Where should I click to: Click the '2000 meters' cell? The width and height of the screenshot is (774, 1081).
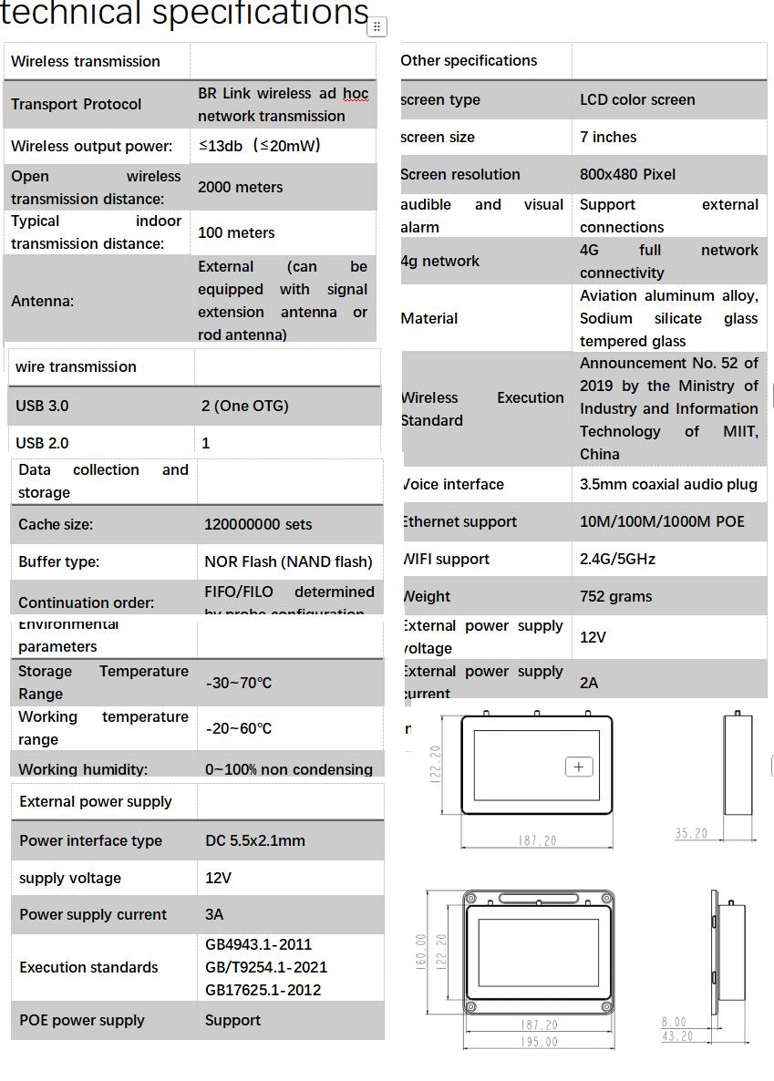[x=240, y=187]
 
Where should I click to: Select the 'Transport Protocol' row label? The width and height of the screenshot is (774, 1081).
[x=76, y=104]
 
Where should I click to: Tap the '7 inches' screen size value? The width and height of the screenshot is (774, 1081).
[x=608, y=137]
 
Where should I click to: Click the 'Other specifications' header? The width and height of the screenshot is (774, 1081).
[x=469, y=60]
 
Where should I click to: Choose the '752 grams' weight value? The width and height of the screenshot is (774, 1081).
[x=615, y=596]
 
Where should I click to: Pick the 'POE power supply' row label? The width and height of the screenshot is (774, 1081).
[x=82, y=1020]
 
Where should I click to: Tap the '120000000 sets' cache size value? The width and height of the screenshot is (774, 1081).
[x=258, y=524]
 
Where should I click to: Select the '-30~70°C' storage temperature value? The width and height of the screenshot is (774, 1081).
[x=239, y=683]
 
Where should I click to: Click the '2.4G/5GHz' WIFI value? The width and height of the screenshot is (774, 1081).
[x=617, y=559]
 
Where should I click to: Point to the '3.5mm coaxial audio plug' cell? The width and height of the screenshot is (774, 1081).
[x=668, y=484]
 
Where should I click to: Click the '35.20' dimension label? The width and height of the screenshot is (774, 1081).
[x=691, y=833]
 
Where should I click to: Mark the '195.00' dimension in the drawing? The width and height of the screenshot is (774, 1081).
[x=539, y=1042]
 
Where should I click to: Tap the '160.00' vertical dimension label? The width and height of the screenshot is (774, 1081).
[x=421, y=952]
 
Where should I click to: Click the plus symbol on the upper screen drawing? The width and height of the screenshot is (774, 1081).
[x=579, y=767]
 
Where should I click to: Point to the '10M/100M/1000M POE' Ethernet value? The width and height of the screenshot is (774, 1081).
[x=662, y=521]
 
